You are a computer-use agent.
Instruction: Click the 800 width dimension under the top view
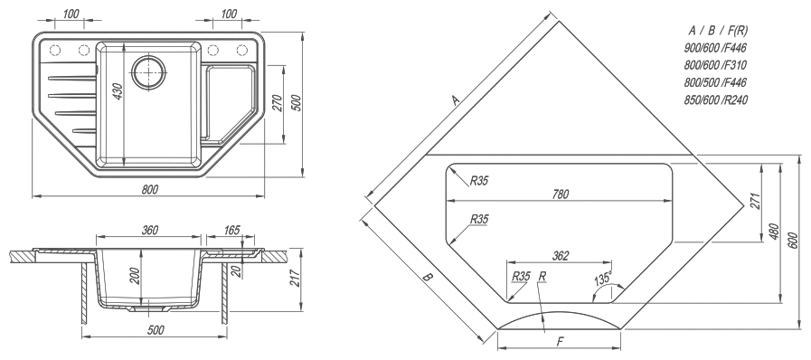(x=149, y=189)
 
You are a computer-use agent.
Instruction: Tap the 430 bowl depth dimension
(x=118, y=91)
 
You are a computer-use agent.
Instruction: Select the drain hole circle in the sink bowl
(x=148, y=71)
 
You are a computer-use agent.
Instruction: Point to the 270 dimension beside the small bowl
(x=277, y=104)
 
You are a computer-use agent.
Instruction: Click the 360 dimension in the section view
(x=149, y=230)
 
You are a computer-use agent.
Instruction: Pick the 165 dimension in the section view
(x=231, y=230)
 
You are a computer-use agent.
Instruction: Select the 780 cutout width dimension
(x=561, y=194)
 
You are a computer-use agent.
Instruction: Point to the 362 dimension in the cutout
(x=561, y=255)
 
